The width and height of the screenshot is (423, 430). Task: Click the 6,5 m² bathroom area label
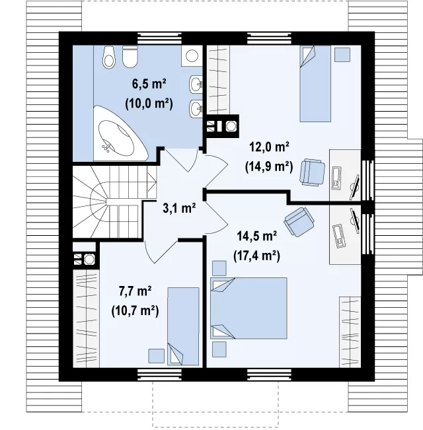149,84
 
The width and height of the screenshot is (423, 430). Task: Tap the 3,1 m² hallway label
179,208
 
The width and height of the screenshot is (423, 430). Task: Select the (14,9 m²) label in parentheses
269,166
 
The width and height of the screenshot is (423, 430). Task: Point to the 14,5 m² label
256,236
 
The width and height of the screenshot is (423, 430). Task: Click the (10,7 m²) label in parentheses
135,311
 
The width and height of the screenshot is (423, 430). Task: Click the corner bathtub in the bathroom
118,134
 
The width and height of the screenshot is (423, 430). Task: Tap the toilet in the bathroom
130,57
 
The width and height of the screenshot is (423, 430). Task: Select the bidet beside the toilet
109,57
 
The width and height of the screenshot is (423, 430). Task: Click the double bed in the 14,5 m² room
249,308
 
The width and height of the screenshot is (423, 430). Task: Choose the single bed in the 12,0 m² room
315,83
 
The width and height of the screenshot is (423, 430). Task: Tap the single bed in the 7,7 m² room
183,326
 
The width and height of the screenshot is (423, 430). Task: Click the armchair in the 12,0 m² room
313,172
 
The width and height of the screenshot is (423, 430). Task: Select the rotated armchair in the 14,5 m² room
299,222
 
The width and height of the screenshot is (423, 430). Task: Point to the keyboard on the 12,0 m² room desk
336,178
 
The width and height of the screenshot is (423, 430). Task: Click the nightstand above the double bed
219,268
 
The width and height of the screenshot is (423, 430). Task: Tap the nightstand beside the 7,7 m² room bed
157,356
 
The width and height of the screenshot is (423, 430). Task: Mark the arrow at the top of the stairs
152,182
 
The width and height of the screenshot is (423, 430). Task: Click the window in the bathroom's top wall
159,39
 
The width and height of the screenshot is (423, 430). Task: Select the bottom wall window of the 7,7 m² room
159,375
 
